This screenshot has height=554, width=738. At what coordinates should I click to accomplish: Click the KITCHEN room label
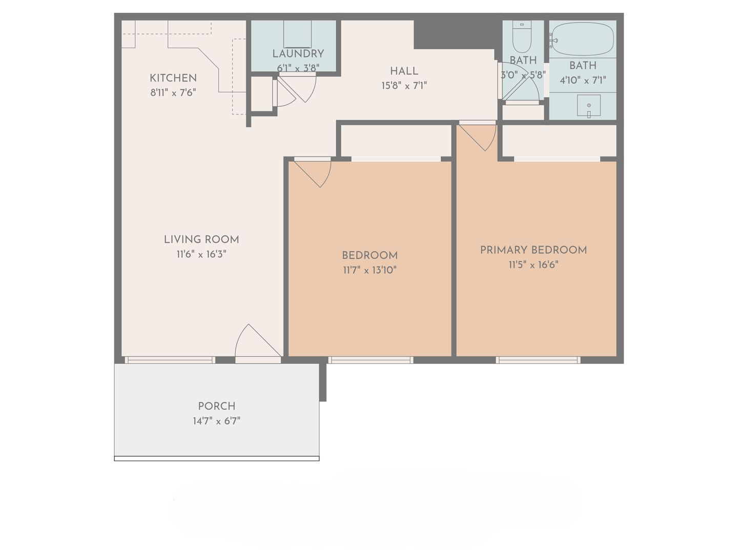[x=173, y=78]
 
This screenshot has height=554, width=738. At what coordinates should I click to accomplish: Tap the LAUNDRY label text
[x=298, y=53]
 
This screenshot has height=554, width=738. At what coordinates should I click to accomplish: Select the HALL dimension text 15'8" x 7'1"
[x=404, y=86]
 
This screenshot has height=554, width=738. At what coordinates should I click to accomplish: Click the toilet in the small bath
[x=522, y=36]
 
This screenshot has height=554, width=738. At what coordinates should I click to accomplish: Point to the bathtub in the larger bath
[x=583, y=39]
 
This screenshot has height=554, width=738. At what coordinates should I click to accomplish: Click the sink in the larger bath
[x=589, y=106]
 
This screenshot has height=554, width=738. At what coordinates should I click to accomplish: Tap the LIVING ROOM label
[x=201, y=240]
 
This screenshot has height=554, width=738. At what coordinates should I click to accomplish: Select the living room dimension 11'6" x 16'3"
[x=201, y=254]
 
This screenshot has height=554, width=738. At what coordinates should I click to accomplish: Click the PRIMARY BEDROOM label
[x=533, y=250]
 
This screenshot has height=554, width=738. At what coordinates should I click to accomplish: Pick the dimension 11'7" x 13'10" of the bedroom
[x=370, y=270]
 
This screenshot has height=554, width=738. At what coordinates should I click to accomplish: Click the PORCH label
[x=216, y=406]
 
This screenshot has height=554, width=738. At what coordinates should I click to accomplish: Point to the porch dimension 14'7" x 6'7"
[x=216, y=421]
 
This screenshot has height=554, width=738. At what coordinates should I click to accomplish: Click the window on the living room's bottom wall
[x=170, y=360]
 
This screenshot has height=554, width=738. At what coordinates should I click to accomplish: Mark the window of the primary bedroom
[x=538, y=360]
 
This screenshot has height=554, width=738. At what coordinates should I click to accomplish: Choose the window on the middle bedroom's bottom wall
[x=371, y=360]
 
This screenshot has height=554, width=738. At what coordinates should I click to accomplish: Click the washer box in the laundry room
[x=298, y=34]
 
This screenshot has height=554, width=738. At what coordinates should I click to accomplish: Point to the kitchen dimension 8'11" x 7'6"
[x=173, y=92]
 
